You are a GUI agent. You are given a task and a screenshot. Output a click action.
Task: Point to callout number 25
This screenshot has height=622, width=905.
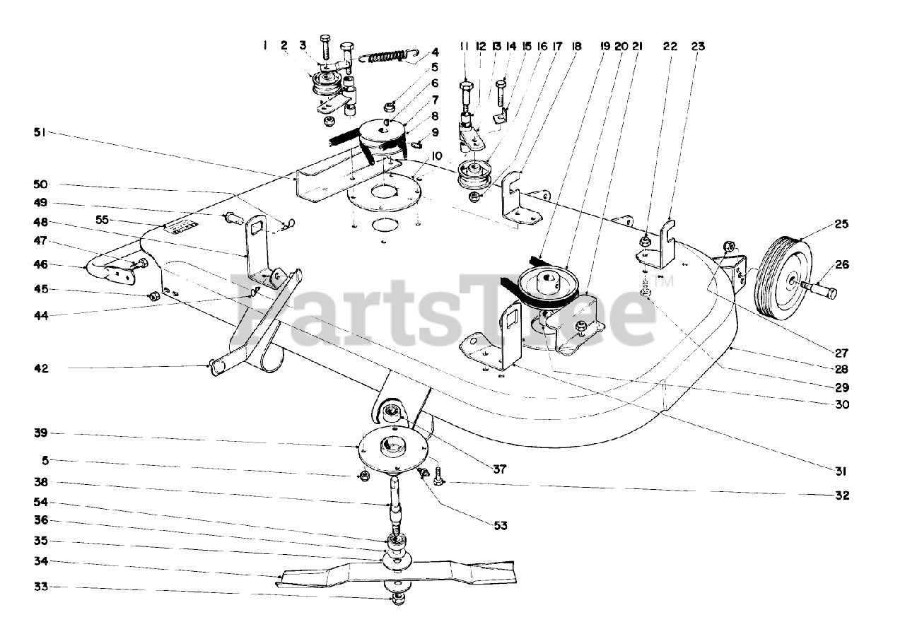point(841,224)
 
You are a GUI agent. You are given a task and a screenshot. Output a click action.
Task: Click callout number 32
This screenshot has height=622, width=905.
point(841,495)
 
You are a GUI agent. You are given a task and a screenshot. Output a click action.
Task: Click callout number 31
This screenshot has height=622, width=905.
point(841,471)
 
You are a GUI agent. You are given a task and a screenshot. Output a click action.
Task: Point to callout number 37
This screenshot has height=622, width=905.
point(499,468)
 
